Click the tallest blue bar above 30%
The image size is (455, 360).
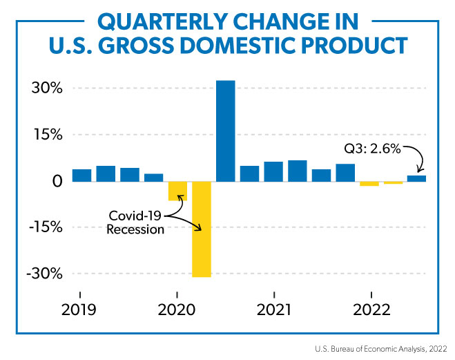(225, 131)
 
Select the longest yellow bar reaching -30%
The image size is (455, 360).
(202, 229)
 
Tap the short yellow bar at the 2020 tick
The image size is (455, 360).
(177, 191)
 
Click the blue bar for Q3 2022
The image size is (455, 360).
(416, 178)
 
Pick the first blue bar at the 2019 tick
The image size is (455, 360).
(81, 175)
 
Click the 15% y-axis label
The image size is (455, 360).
(47, 135)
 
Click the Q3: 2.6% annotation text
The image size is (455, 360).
(373, 148)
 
